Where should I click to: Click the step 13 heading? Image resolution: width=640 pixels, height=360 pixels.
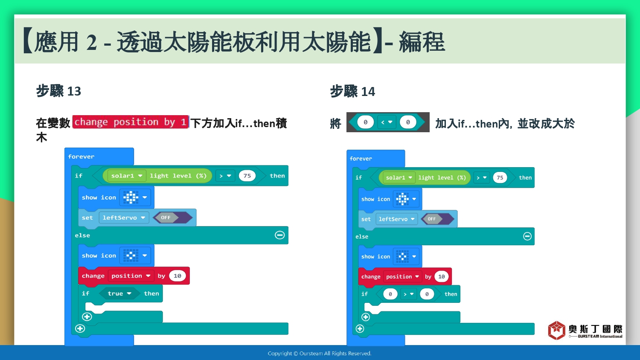58,91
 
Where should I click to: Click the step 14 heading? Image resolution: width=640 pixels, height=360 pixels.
352,91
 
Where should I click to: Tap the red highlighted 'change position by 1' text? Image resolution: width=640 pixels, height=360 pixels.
130,122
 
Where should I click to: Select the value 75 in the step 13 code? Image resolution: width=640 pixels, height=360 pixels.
247,176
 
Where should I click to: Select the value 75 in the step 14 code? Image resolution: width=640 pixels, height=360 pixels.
500,178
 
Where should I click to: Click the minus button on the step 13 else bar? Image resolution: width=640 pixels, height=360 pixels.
280,235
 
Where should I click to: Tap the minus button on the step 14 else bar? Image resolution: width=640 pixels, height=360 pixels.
527,236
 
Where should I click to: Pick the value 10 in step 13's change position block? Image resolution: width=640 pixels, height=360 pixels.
177,276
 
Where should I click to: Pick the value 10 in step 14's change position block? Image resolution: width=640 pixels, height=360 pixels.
442,276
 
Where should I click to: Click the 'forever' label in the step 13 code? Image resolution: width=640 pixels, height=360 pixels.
81,157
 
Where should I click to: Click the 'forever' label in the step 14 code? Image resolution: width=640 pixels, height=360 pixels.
361,159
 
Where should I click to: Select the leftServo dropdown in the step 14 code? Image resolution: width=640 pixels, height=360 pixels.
396,219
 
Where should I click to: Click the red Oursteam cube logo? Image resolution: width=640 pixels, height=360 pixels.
556,330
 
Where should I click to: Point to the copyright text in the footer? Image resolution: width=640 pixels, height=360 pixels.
320,354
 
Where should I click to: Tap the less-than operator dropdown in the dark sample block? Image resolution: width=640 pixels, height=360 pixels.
387,122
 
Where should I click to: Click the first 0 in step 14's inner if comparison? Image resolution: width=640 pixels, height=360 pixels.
390,294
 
